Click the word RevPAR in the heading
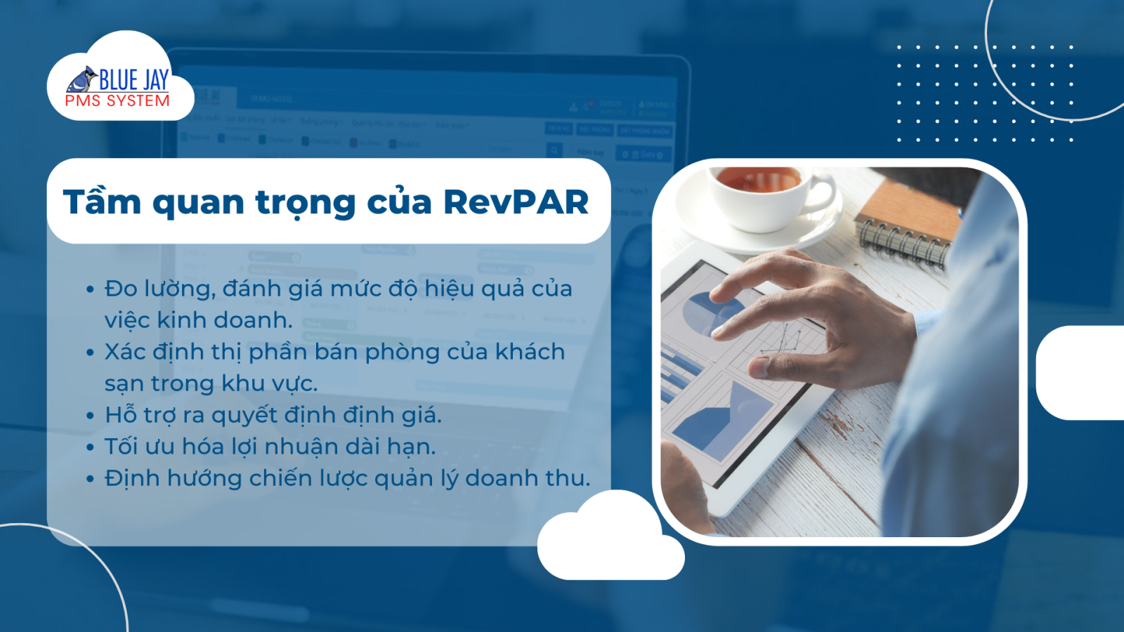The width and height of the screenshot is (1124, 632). tap(516, 202)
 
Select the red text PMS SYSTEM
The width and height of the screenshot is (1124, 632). tap(117, 101)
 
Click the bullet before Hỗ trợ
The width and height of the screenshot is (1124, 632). tap(91, 415)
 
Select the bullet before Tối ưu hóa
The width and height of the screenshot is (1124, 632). tap(91, 447)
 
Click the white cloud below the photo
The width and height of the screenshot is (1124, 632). tap(611, 536)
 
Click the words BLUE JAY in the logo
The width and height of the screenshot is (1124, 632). tap(133, 80)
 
